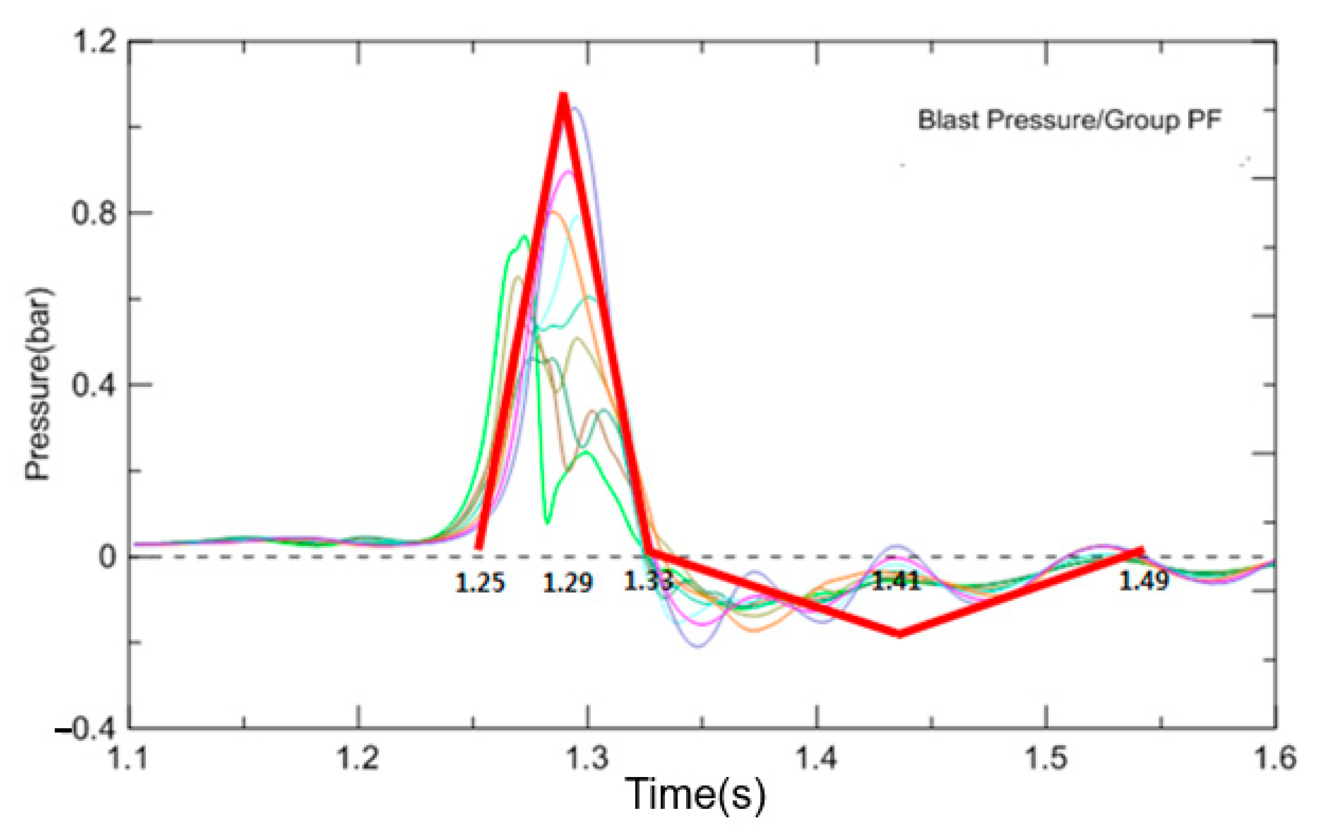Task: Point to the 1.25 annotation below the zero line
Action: click(x=480, y=583)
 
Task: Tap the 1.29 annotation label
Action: click(x=567, y=583)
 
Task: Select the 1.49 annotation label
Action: click(x=1144, y=582)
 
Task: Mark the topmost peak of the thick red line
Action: click(x=563, y=96)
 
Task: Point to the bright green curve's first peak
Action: click(x=524, y=237)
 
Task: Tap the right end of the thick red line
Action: click(x=1142, y=550)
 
